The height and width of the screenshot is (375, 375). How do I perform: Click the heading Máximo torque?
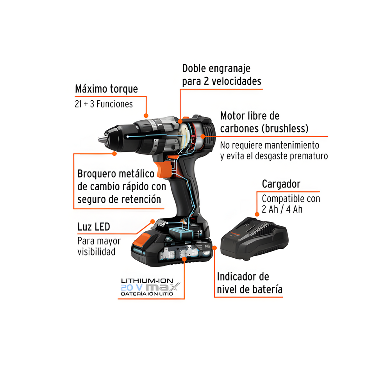tap(106, 89)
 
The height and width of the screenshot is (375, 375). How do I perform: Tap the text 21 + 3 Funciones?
tap(104, 104)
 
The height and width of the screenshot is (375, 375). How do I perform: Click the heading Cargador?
tap(281, 184)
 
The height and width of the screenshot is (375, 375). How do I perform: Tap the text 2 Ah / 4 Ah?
tap(282, 209)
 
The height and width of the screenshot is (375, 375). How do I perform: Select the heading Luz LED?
tap(94, 227)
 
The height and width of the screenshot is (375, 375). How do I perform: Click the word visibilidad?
tap(96, 252)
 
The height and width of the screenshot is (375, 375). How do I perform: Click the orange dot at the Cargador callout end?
tap(257, 214)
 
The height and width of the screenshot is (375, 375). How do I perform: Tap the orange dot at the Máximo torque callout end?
tap(146, 116)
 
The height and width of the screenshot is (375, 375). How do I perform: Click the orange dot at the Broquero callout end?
tap(114, 154)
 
